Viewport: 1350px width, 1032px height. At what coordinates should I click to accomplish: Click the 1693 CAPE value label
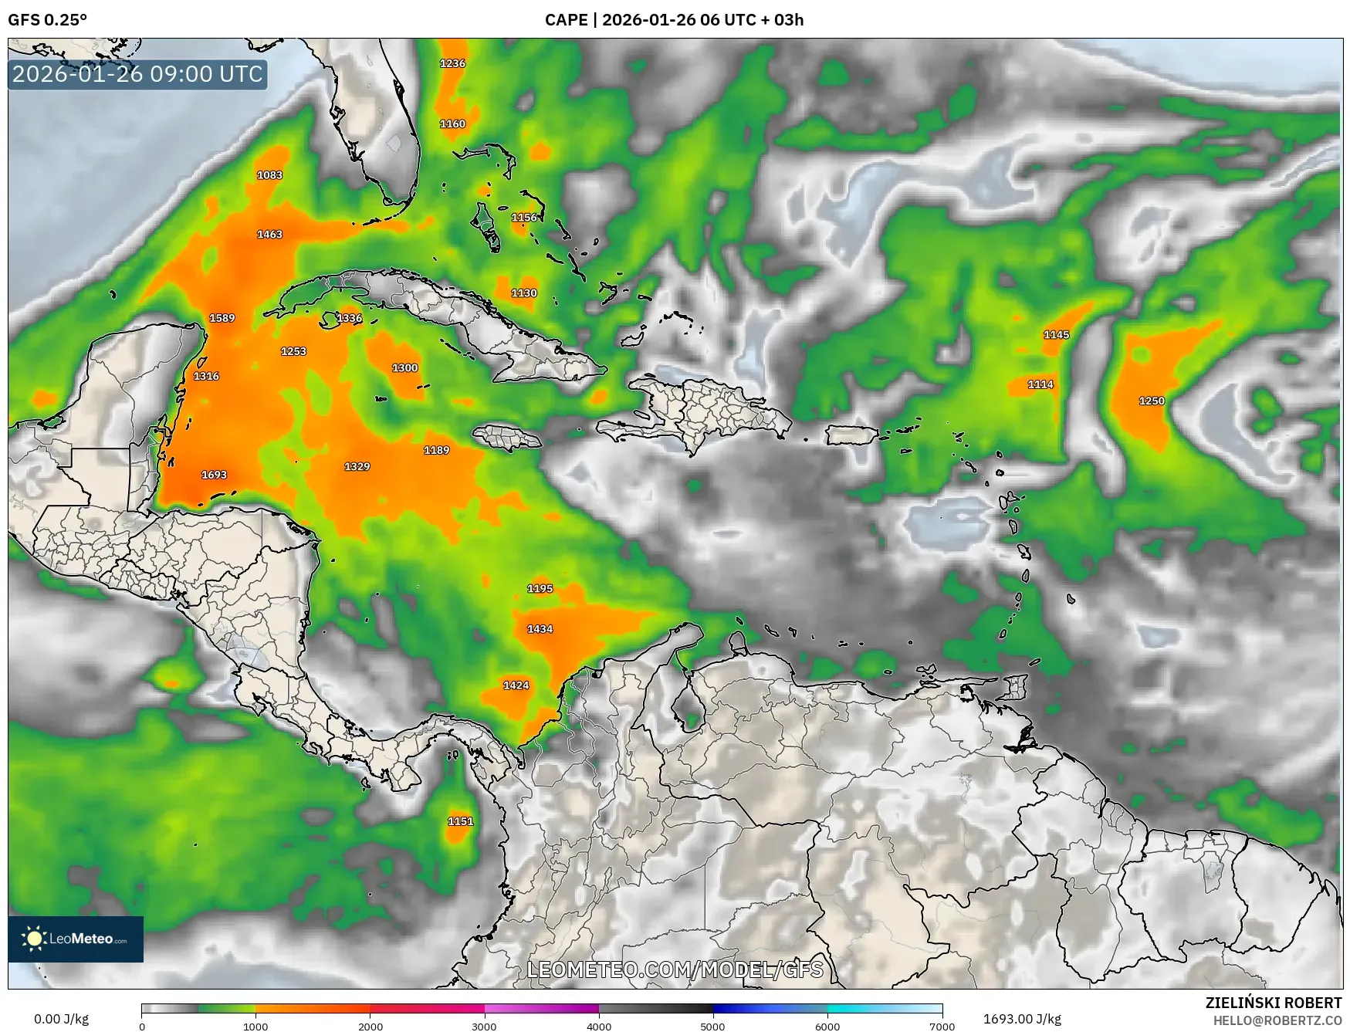tap(214, 475)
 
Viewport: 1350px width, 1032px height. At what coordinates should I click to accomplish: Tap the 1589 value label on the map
tap(222, 318)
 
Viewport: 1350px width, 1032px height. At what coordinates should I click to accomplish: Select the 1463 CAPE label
tap(269, 234)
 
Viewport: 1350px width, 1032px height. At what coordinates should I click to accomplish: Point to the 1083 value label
tap(269, 175)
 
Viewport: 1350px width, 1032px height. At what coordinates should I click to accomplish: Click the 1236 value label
tap(452, 63)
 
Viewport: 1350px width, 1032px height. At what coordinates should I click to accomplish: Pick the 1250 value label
tap(1152, 401)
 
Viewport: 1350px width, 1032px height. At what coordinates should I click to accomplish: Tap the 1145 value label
tap(1056, 334)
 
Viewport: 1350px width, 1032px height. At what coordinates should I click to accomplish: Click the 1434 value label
tap(540, 629)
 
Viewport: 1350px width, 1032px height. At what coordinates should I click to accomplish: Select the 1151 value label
tap(460, 821)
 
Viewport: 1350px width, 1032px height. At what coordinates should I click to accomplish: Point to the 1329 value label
tap(357, 466)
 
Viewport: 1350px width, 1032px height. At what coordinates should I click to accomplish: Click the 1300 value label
tap(404, 368)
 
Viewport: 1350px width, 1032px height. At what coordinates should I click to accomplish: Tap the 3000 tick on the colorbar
tap(484, 1026)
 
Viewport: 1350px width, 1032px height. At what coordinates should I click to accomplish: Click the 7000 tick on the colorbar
tap(942, 1026)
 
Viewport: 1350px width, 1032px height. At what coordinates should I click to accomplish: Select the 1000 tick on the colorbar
tap(255, 1026)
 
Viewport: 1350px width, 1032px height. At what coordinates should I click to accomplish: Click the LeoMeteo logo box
tap(76, 939)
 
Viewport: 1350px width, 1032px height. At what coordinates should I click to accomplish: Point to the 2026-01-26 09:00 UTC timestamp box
tap(137, 74)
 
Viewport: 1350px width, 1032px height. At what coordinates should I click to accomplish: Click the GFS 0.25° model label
tap(47, 20)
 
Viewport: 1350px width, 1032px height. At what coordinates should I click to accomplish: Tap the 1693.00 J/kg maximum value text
tap(1021, 1019)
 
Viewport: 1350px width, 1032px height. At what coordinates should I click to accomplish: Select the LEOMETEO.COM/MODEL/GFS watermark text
tap(675, 969)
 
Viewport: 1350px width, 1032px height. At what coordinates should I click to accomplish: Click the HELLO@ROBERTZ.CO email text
tap(1277, 1020)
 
